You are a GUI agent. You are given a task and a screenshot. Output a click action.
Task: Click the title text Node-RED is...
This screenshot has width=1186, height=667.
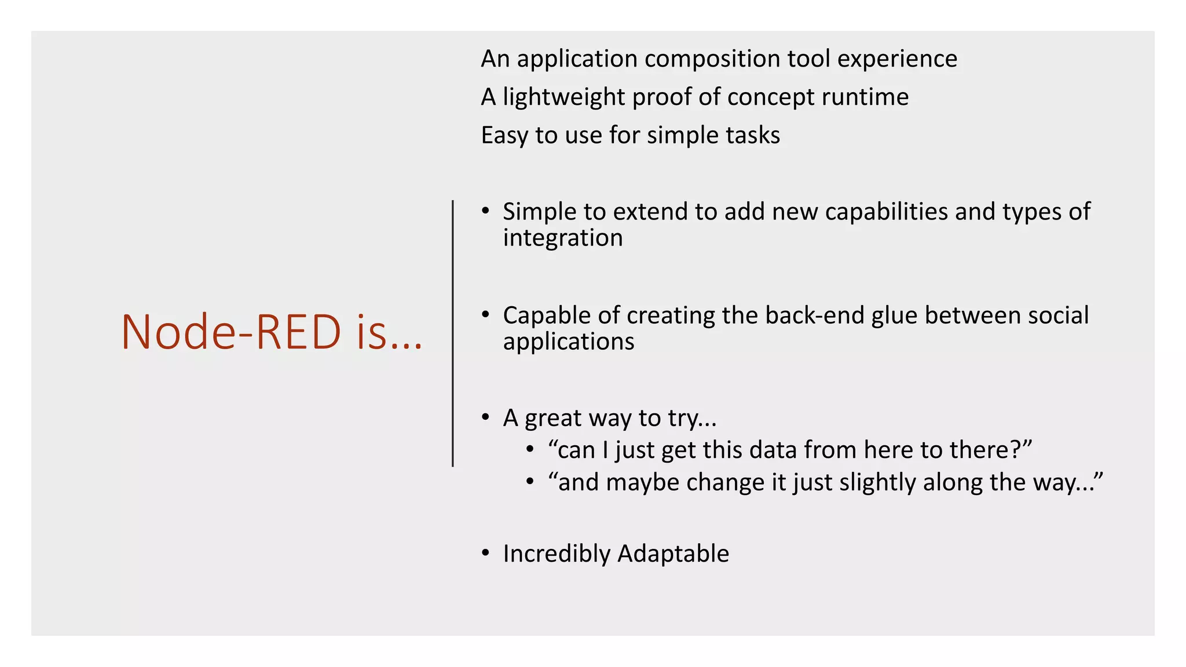pyautogui.click(x=272, y=332)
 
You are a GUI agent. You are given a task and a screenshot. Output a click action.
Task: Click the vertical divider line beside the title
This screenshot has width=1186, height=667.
pyautogui.click(x=453, y=333)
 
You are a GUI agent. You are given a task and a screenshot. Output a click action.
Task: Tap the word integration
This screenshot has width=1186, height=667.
pyautogui.click(x=562, y=238)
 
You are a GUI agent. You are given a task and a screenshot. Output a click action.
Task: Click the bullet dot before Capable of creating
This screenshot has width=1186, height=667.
pyautogui.click(x=485, y=315)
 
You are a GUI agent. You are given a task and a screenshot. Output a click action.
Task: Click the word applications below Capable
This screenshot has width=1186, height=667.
pyautogui.click(x=568, y=342)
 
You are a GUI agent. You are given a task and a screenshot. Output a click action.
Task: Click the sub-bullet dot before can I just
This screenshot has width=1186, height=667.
pyautogui.click(x=529, y=450)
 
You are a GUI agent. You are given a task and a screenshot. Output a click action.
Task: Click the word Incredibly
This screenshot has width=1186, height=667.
pyautogui.click(x=557, y=554)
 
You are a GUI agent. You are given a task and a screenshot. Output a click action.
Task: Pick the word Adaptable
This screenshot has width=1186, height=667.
pyautogui.click(x=673, y=554)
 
